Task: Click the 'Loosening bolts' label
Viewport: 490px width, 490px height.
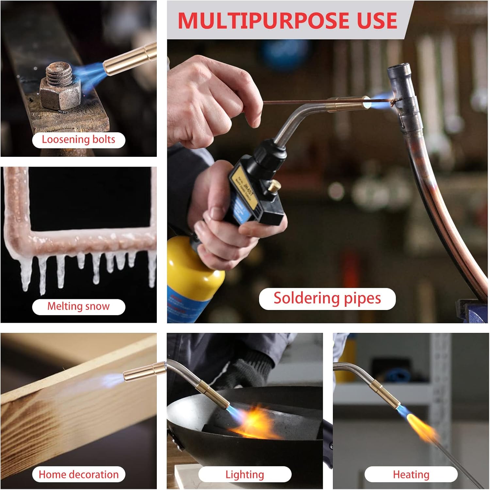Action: pos(78,140)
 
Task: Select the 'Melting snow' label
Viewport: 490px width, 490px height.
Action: pos(78,306)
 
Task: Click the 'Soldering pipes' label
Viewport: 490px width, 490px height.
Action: pos(327,299)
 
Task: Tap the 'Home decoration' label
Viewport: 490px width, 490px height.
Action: pos(78,474)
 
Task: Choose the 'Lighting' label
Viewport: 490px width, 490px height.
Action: pos(245,474)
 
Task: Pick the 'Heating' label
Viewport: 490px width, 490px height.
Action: pos(411,474)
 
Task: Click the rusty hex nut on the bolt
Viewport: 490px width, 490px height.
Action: pos(61,95)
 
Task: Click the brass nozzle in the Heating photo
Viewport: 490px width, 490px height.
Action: pos(385,395)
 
